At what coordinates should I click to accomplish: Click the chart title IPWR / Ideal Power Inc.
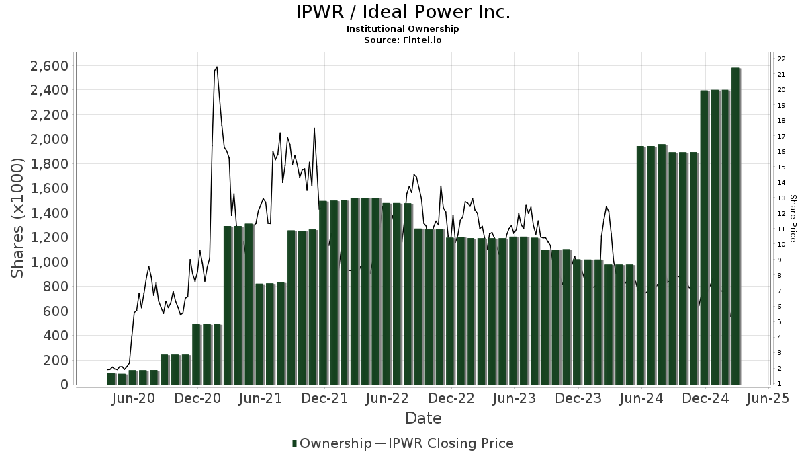point(403,12)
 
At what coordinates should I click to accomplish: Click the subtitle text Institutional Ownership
point(403,29)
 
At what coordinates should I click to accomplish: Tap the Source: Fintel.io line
point(403,40)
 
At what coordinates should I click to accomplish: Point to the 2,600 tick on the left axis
point(49,66)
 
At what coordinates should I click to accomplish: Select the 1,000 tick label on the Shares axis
point(49,262)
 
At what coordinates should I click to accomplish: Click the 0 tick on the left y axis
point(64,385)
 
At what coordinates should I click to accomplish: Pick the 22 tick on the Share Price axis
point(782,59)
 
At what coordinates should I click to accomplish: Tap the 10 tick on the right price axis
point(782,244)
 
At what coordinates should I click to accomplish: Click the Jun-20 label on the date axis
point(134,398)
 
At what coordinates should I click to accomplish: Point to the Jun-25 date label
point(768,398)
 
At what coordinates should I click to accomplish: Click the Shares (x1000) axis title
point(17,219)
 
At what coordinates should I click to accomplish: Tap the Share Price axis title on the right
point(793,219)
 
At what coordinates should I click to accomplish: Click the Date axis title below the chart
point(423,418)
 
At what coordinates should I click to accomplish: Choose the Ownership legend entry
point(332,443)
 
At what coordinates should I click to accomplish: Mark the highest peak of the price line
point(216,67)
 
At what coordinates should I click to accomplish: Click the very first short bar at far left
point(111,379)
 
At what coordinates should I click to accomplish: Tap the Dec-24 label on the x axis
point(706,398)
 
